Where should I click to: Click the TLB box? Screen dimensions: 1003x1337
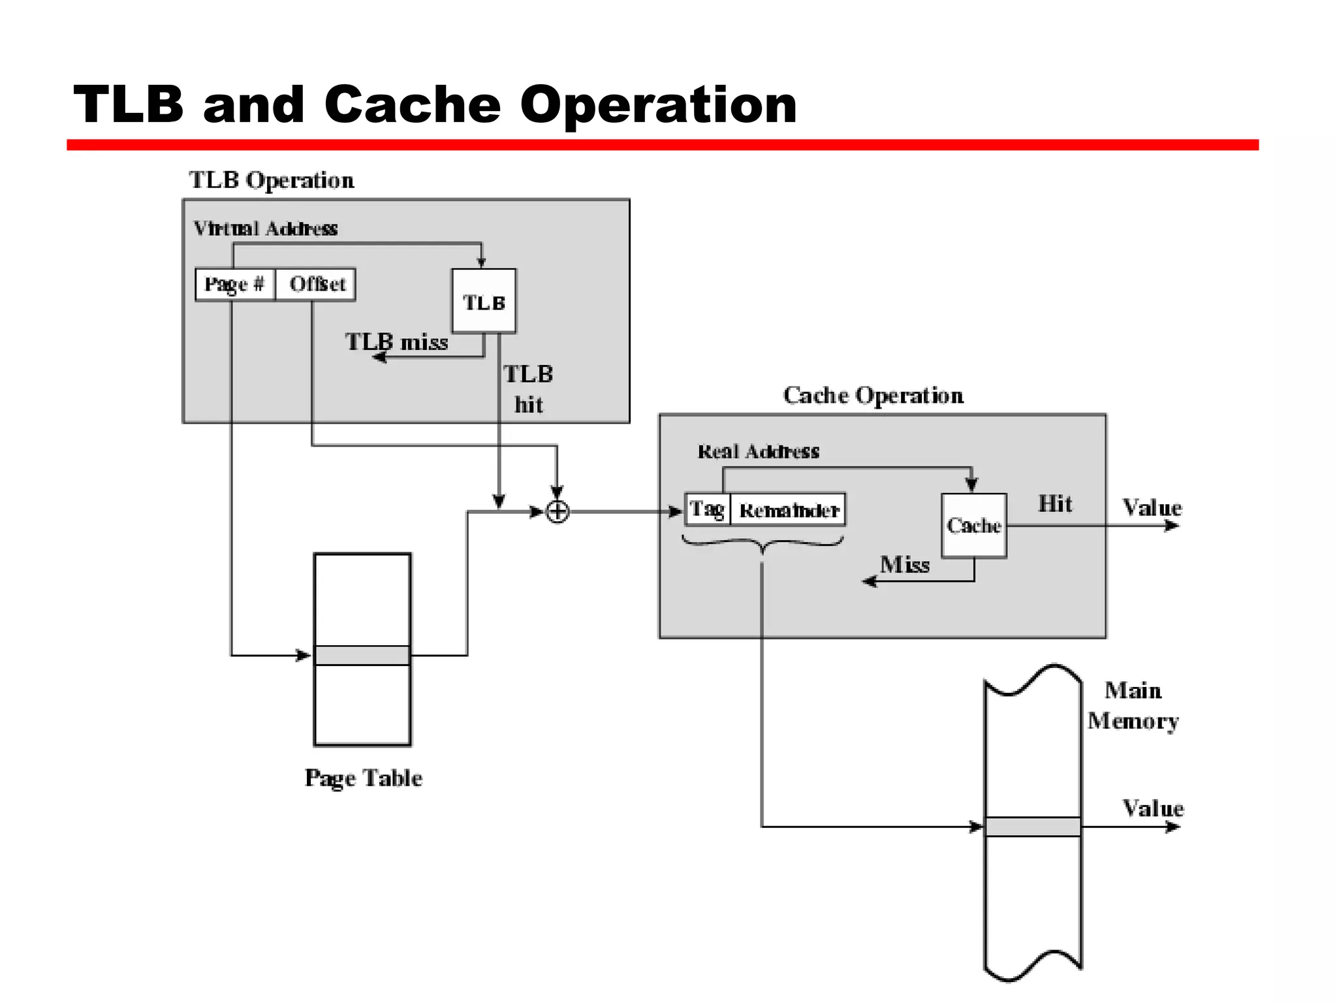click(x=484, y=301)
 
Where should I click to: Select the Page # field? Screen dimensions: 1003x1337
click(x=234, y=284)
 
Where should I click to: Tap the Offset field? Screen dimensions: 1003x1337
click(x=317, y=284)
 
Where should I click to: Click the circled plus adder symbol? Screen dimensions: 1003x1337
click(x=557, y=511)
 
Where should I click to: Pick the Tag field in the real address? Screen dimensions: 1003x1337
click(x=707, y=509)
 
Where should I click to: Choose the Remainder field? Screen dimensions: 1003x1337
click(x=788, y=510)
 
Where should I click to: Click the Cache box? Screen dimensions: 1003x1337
click(x=973, y=525)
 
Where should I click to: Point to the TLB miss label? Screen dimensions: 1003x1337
click(x=396, y=342)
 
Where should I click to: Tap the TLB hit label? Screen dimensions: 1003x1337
click(x=528, y=389)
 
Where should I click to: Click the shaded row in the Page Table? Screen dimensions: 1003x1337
click(x=362, y=655)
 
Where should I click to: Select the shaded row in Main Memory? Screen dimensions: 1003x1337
click(x=1033, y=827)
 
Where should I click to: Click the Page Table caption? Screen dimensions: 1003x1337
click(x=363, y=778)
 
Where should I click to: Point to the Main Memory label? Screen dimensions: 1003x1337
click(x=1133, y=705)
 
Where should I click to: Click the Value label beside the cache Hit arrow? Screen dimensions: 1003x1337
click(x=1152, y=507)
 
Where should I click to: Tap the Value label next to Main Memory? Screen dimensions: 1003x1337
click(x=1152, y=808)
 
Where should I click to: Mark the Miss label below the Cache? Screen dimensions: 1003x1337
click(x=904, y=564)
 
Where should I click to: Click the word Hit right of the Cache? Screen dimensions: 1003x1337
click(x=1055, y=503)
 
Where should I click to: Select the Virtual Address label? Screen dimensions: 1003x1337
click(x=265, y=229)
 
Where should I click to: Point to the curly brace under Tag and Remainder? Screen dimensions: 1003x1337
click(x=763, y=544)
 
